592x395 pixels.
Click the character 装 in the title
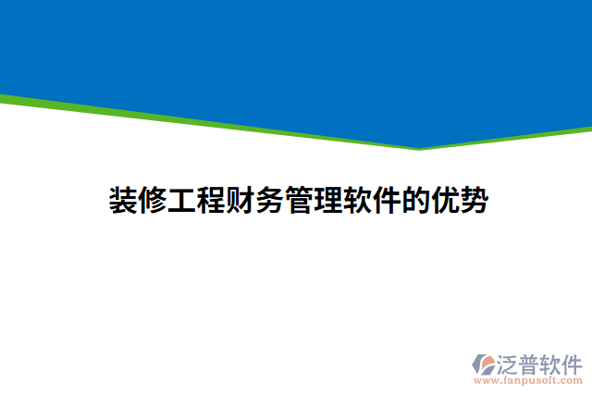[124, 199]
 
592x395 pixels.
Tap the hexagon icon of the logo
[483, 362]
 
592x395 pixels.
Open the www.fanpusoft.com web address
[527, 379]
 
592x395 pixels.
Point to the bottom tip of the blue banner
[419, 147]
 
